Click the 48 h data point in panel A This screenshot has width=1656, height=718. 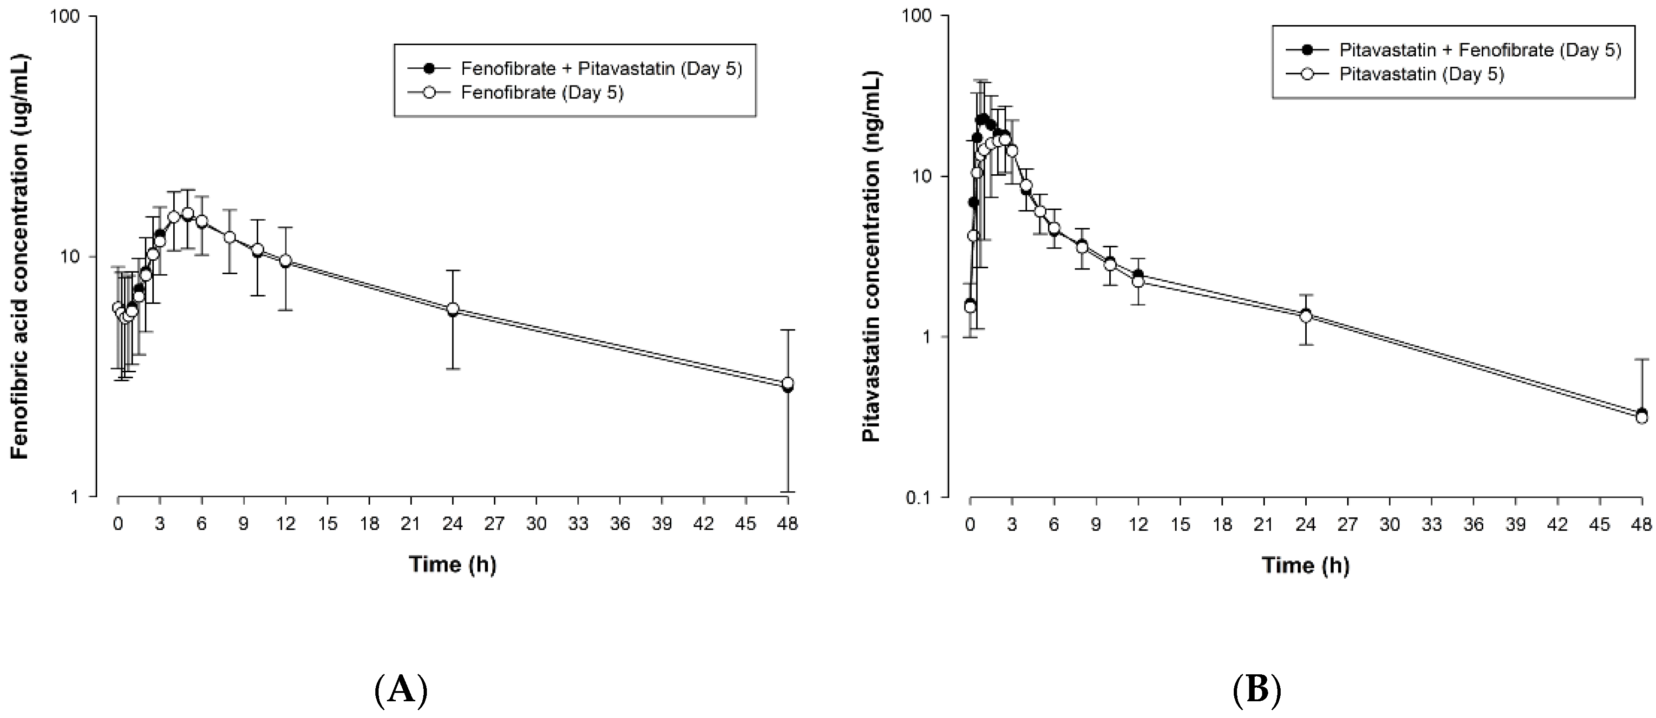coord(787,384)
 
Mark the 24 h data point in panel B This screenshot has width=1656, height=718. coord(1306,316)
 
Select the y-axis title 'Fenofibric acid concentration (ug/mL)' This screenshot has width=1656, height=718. coord(20,256)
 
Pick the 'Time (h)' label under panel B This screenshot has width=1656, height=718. coord(1306,566)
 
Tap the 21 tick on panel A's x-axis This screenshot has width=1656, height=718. coord(411,524)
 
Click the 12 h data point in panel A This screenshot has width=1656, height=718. coord(285,261)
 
